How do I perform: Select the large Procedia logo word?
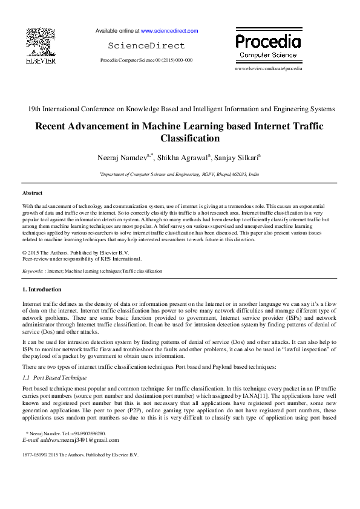coord(267,41)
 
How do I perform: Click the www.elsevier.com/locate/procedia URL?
coord(268,69)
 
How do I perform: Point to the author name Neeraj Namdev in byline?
coord(124,158)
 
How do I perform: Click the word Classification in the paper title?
coord(180,138)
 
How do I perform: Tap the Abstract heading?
coord(32,193)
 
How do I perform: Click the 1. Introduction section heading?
coord(42,290)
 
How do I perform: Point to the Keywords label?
coord(33,271)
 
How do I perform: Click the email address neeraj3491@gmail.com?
coord(90,440)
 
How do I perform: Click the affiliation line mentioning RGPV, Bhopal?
coord(180,173)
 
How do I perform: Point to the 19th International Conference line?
coord(180,109)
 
